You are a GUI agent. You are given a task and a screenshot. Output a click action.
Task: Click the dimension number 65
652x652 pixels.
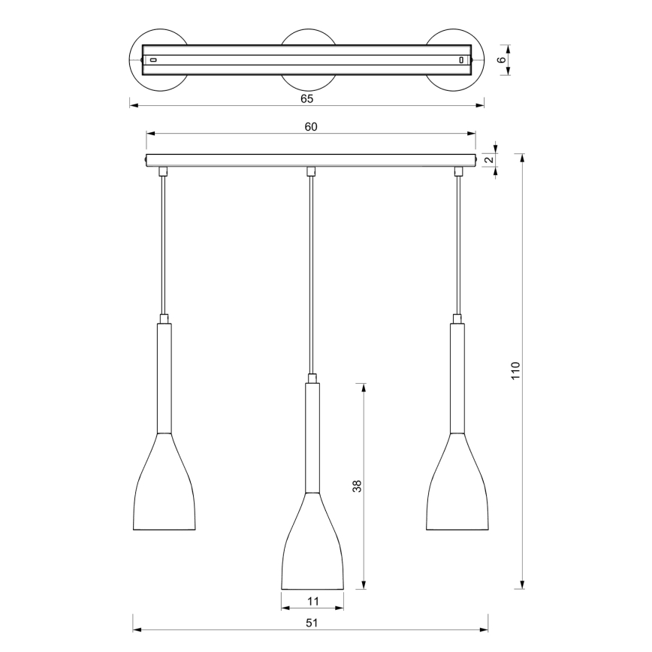point(306,98)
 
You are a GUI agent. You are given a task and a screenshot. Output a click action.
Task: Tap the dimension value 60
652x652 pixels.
point(311,127)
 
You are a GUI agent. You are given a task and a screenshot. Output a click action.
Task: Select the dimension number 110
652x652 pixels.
point(515,370)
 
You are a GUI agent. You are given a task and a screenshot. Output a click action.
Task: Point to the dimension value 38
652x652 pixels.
point(357,486)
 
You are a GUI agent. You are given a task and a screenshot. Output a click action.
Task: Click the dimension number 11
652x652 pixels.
point(312,601)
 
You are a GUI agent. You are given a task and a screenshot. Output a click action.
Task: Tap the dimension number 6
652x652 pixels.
point(501,60)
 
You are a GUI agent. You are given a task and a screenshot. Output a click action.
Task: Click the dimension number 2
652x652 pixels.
point(488,159)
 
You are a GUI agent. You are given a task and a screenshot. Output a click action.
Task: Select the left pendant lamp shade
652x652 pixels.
point(164,488)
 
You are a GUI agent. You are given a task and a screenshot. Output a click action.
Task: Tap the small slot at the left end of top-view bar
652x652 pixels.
point(152,59)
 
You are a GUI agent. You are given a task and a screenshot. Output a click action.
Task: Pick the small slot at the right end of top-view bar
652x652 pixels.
point(461,59)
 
